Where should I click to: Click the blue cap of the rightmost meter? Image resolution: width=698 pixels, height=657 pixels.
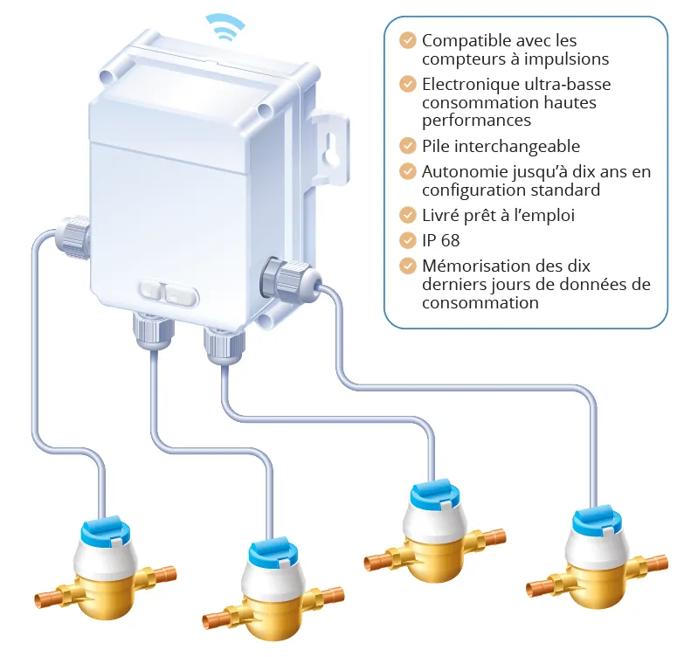[597, 520]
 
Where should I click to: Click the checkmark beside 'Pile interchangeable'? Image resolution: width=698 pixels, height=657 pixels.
[407, 146]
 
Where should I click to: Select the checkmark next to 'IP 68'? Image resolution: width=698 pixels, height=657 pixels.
[407, 240]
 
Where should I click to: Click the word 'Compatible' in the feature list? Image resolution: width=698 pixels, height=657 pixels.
[463, 41]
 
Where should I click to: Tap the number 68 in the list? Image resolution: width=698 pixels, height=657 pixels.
[450, 240]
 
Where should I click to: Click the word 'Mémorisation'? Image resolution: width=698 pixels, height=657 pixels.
[474, 266]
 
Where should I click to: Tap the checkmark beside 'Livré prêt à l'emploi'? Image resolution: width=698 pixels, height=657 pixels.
[407, 215]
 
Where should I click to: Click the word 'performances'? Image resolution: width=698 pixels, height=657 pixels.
[476, 121]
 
